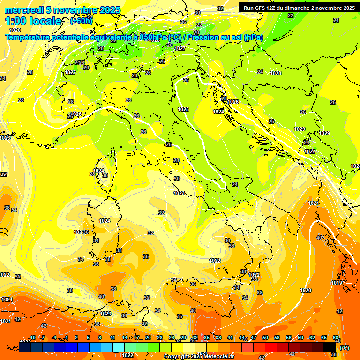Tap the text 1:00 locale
(33, 21)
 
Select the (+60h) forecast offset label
(81, 21)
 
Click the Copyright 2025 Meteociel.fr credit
(199, 356)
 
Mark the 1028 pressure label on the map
(276, 73)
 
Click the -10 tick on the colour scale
(32, 337)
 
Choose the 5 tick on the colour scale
(89, 337)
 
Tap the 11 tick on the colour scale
(112, 337)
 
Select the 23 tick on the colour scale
(159, 337)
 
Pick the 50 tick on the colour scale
(265, 337)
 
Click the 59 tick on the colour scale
(300, 337)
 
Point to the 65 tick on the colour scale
(323, 337)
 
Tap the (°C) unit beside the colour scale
(344, 347)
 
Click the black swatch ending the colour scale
(330, 347)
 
